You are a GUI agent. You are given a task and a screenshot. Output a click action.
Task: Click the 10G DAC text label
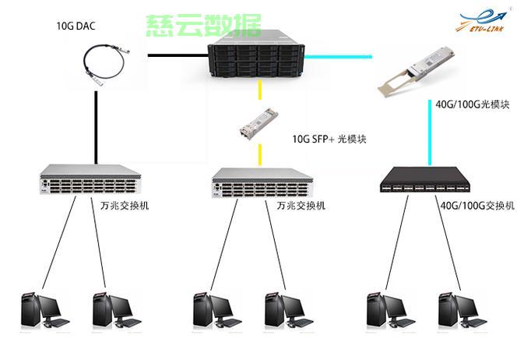click(76, 26)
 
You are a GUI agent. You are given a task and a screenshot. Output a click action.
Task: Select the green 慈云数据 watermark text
click(203, 26)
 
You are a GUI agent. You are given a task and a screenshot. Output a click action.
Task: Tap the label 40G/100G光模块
click(473, 104)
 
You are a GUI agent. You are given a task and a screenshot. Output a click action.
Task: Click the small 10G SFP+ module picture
click(258, 123)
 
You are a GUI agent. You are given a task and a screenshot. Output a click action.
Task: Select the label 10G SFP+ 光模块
click(329, 139)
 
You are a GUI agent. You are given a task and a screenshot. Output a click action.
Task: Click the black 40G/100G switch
click(424, 179)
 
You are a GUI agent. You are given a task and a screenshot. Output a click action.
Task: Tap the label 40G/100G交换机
click(477, 206)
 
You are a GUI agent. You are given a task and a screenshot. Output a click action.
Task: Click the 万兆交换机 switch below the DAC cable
click(90, 179)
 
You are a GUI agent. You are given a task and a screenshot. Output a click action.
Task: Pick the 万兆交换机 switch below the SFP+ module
click(262, 182)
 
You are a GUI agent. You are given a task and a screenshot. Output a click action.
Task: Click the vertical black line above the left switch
click(96, 128)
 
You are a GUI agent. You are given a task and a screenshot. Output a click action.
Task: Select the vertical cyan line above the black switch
click(430, 132)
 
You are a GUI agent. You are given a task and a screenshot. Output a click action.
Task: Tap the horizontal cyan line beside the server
click(338, 57)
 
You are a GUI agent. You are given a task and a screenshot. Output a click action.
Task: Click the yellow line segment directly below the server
click(260, 90)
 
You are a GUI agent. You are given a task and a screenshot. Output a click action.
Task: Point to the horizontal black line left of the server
click(178, 55)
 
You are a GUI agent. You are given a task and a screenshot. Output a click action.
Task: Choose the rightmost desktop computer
click(462, 310)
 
